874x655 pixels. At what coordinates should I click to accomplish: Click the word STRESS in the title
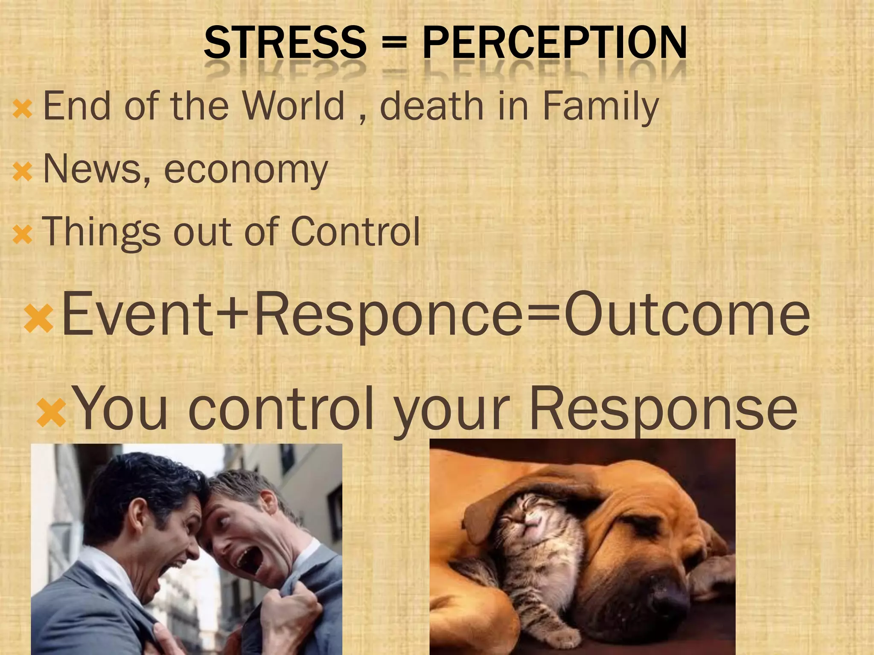point(285,43)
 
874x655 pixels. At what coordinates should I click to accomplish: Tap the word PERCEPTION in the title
point(554,43)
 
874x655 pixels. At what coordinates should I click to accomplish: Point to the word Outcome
point(687,314)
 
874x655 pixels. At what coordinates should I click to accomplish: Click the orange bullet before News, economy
point(22,172)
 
